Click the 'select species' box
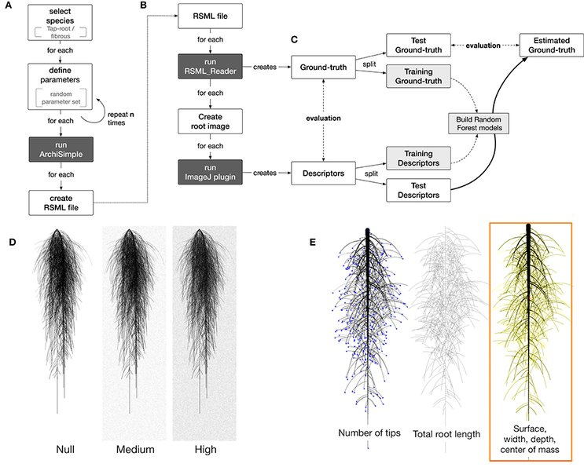tap(60, 22)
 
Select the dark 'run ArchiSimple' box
tap(61, 149)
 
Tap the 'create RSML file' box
tap(61, 203)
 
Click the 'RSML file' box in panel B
tap(210, 16)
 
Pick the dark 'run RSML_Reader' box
tap(210, 66)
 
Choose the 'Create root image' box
tap(210, 122)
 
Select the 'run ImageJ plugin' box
tap(210, 172)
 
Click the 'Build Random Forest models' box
tap(479, 123)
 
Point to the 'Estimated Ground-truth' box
tap(552, 45)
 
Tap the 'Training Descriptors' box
tap(419, 158)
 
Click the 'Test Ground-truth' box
tap(419, 45)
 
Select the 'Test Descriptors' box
tap(419, 190)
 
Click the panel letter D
tap(13, 243)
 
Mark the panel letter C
tap(294, 39)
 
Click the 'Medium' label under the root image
tap(135, 450)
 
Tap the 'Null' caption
tap(65, 450)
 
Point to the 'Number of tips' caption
tap(369, 433)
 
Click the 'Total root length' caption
tap(446, 434)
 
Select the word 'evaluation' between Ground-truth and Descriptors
tap(323, 119)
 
